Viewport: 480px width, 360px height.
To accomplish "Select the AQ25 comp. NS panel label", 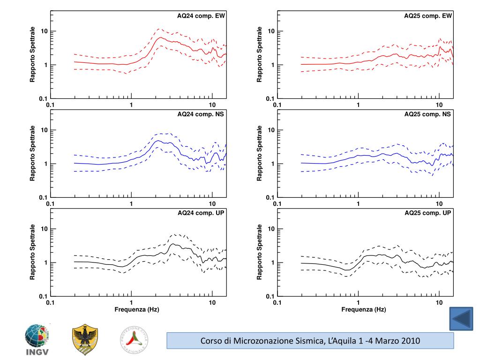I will (428, 114).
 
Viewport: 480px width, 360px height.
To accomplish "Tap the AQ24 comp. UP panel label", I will (201, 213).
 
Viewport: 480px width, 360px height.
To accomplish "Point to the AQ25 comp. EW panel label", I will (428, 16).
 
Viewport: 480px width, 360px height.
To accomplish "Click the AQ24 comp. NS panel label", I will (201, 114).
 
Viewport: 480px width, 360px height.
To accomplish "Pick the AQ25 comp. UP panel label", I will (428, 213).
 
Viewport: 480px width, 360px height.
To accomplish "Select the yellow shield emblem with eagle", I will (85, 340).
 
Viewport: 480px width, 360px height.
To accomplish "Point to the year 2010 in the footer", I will (410, 340).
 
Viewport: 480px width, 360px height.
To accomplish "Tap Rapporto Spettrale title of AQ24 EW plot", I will (33, 55).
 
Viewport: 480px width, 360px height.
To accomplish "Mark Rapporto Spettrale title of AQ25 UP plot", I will (260, 252).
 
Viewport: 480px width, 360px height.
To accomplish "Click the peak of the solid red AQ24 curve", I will (160, 37).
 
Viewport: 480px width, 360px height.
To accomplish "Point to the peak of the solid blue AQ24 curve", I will (158, 141).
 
